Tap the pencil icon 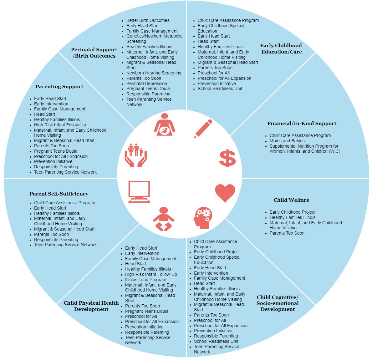coord(203,129)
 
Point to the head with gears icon coord(203,218)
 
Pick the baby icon coord(163,219)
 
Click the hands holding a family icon coord(136,155)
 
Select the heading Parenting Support coord(59,87)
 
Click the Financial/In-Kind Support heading coord(302,124)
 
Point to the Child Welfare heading coord(291,200)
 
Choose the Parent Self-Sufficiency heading coord(59,194)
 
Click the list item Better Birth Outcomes coord(148,20)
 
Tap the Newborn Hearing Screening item coord(154,73)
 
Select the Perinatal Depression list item coord(146,84)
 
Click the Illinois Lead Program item coord(145,280)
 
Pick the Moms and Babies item coord(287,141)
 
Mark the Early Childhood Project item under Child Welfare coord(293,212)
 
